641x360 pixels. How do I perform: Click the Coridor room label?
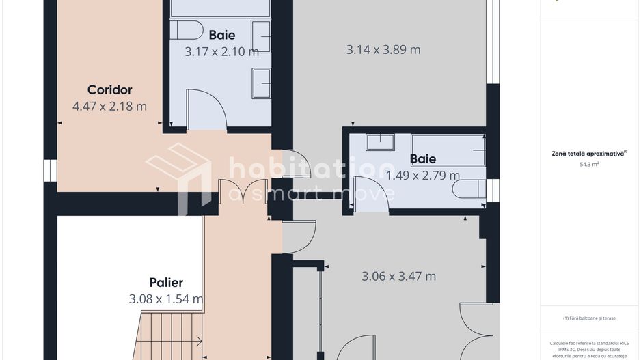(109, 89)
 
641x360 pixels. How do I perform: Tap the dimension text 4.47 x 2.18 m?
(109, 107)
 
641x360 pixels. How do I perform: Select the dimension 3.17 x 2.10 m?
(221, 52)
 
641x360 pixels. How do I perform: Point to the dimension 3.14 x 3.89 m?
(383, 50)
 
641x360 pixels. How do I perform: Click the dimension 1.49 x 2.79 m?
(423, 176)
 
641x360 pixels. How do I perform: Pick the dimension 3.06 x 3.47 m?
(398, 276)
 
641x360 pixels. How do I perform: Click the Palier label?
(166, 282)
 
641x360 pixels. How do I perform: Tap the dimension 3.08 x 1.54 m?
(166, 299)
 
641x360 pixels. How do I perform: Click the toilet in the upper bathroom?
(187, 30)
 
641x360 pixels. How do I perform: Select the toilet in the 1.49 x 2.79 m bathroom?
(469, 189)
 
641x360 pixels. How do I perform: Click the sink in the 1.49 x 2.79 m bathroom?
(380, 142)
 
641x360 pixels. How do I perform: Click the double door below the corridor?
(245, 191)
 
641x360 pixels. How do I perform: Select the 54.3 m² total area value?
(589, 164)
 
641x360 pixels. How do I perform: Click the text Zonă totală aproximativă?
(588, 154)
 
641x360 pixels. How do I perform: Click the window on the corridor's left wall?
(51, 170)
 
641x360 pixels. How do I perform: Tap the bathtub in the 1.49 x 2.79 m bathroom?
(448, 150)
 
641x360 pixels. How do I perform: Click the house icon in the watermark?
(178, 176)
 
